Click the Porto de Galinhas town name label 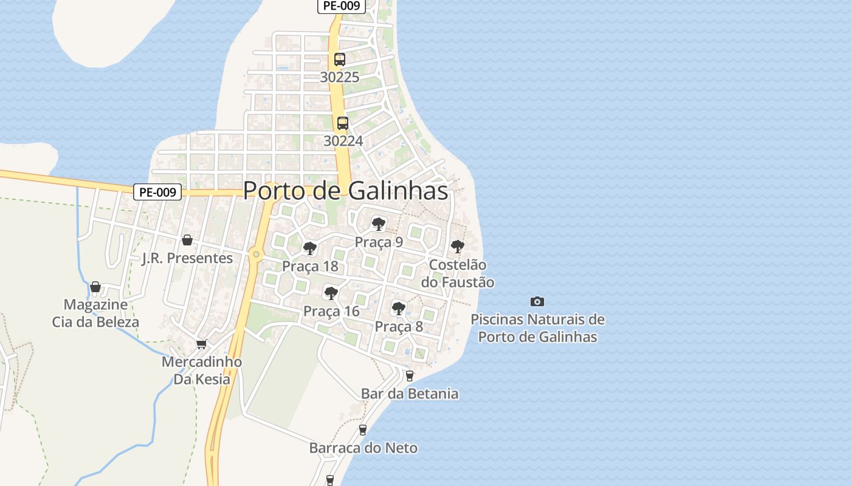(345, 191)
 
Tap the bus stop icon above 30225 (340, 60)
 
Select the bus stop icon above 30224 (343, 123)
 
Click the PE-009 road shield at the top (341, 6)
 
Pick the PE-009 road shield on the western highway (157, 193)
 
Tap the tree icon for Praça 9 (379, 224)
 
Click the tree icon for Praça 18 (310, 248)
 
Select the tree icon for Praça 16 (331, 293)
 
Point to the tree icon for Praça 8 (399, 309)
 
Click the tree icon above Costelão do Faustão (457, 247)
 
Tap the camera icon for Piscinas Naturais (537, 301)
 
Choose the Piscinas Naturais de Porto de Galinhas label (537, 328)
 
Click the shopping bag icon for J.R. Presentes (187, 240)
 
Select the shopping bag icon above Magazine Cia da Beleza (95, 287)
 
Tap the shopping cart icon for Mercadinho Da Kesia (202, 344)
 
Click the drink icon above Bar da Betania (410, 376)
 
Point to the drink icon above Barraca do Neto (363, 430)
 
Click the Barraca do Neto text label (363, 448)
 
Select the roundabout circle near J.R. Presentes (256, 255)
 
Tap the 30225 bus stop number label (340, 78)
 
